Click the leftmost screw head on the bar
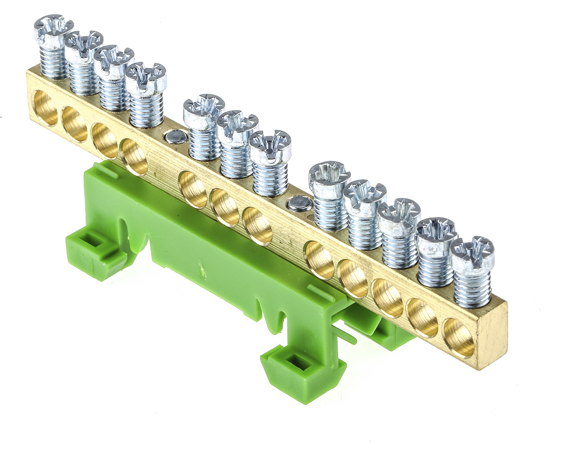pos(53,27)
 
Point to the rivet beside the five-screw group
pos(299,203)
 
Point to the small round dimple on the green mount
pos(202,272)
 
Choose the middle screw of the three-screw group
pos(237,126)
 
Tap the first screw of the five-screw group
pos(329,176)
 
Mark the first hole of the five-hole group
pos(319,260)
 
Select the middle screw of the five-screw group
pos(398,214)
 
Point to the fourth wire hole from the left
pos(134,156)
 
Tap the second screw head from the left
pos(83,45)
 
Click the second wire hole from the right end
pos(422,318)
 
